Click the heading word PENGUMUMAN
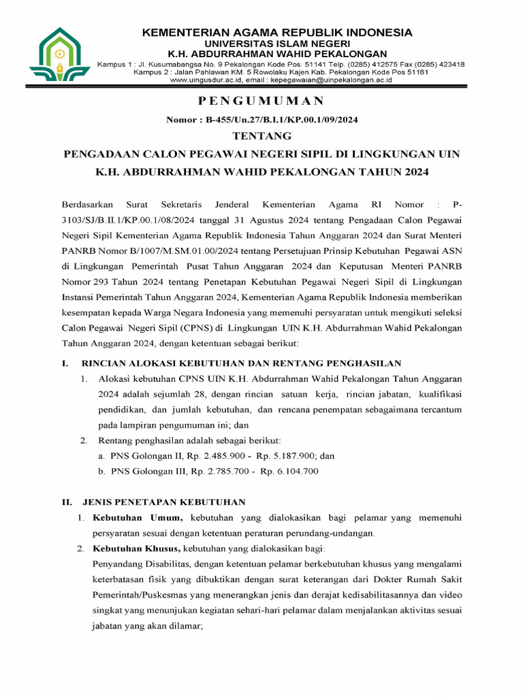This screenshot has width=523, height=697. [x=261, y=101]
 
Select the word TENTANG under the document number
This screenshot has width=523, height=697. [x=261, y=136]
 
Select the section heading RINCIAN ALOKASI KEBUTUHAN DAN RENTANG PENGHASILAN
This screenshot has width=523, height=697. [x=241, y=363]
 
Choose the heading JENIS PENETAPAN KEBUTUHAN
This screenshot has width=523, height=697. [x=163, y=502]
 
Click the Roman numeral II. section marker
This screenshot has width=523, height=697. [x=67, y=502]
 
